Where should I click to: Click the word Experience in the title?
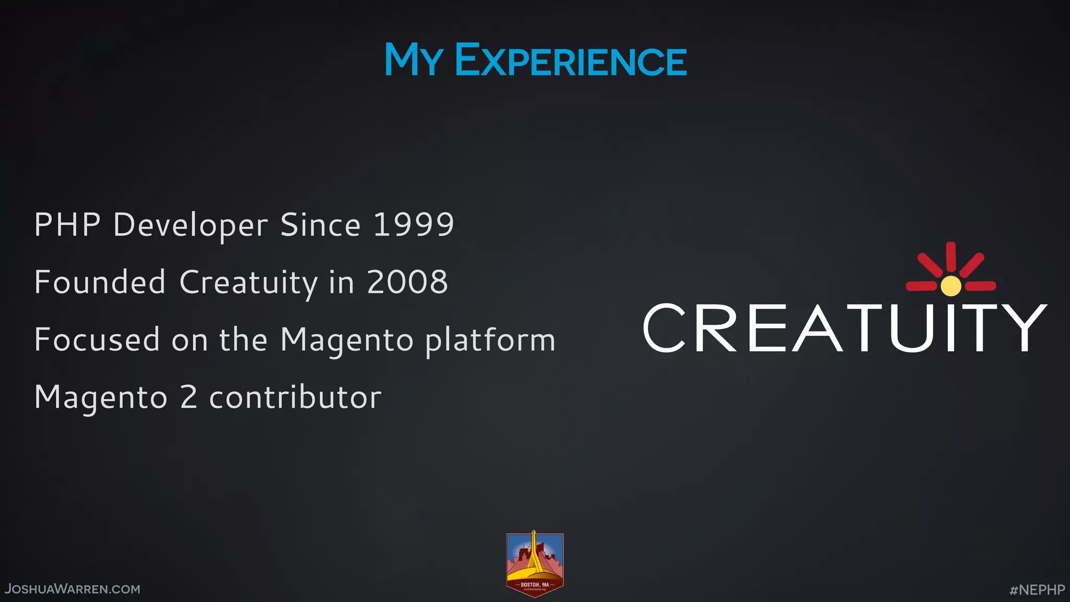pos(571,60)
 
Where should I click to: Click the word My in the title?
pos(413,60)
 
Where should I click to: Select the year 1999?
pos(413,225)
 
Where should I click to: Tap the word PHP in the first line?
pos(67,225)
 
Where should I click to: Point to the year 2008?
pos(407,282)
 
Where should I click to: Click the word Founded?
pos(100,282)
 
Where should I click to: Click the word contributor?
pos(295,397)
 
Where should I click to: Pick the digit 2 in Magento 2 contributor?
pos(189,397)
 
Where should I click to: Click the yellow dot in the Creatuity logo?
pos(950,286)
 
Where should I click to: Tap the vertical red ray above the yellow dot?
pos(950,258)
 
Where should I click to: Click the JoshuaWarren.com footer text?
pos(73,589)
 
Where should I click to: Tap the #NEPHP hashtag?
pos(1037,589)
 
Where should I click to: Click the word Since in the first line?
pos(320,225)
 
